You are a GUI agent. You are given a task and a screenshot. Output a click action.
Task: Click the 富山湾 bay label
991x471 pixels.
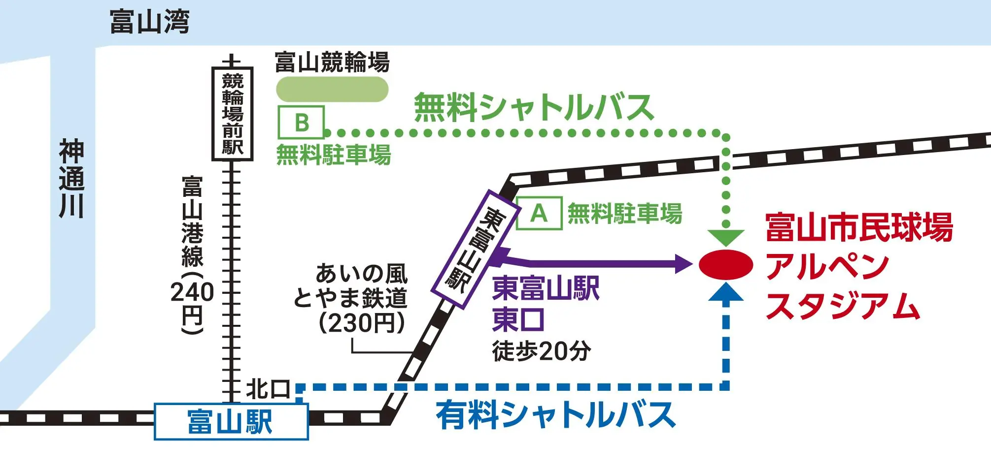pyautogui.click(x=149, y=22)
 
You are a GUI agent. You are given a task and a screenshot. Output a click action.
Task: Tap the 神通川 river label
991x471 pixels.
pyautogui.click(x=72, y=179)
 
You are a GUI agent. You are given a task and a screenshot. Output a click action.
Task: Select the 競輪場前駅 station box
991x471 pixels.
pyautogui.click(x=233, y=114)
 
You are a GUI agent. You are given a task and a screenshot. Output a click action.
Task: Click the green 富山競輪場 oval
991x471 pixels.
pyautogui.click(x=332, y=90)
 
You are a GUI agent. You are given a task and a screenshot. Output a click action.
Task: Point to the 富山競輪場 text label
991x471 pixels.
pyautogui.click(x=332, y=63)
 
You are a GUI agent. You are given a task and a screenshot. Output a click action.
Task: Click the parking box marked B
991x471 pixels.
pyautogui.click(x=301, y=122)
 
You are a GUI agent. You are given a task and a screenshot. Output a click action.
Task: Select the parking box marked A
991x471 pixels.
pyautogui.click(x=539, y=213)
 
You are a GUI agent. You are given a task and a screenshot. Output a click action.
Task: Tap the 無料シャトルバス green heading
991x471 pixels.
pyautogui.click(x=534, y=107)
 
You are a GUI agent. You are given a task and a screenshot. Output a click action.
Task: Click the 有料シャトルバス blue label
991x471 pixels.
pyautogui.click(x=555, y=415)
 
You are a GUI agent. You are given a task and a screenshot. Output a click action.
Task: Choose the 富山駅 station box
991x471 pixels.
pyautogui.click(x=231, y=421)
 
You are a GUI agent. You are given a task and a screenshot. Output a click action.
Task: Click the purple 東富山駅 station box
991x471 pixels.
pyautogui.click(x=475, y=249)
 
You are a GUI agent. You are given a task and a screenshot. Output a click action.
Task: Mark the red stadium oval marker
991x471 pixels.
pyautogui.click(x=725, y=265)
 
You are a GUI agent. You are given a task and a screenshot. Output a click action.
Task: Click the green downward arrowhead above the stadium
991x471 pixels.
pyautogui.click(x=725, y=237)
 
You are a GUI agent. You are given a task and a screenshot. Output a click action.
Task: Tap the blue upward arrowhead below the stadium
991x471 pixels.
pyautogui.click(x=725, y=292)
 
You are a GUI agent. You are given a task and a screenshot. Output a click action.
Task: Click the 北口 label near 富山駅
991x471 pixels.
pyautogui.click(x=268, y=389)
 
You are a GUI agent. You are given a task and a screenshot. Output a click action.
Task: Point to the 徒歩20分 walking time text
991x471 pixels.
pyautogui.click(x=541, y=351)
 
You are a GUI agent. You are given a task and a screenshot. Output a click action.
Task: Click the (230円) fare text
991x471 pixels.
pyautogui.click(x=362, y=323)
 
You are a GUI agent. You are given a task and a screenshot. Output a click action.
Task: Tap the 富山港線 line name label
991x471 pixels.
pyautogui.click(x=192, y=221)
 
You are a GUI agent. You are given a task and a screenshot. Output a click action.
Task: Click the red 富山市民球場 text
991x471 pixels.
pyautogui.click(x=859, y=227)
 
